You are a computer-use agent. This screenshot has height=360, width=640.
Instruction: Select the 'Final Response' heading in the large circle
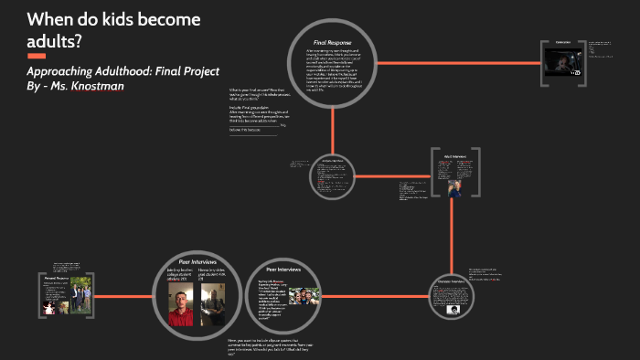[331, 42]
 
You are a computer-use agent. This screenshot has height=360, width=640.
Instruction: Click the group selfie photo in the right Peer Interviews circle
[304, 296]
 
